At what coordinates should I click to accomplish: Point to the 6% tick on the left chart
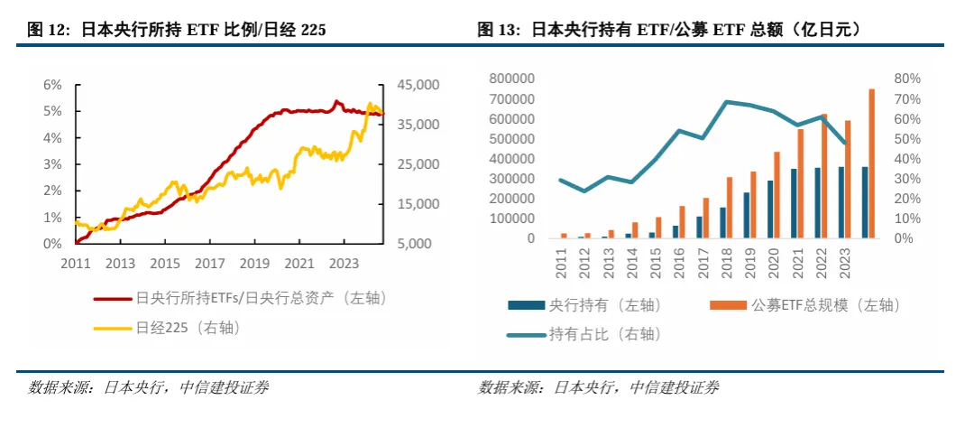[53, 85]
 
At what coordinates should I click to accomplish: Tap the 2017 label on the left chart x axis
[208, 263]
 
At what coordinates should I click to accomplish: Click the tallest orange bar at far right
[871, 163]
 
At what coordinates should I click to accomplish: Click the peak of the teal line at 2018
[726, 101]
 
